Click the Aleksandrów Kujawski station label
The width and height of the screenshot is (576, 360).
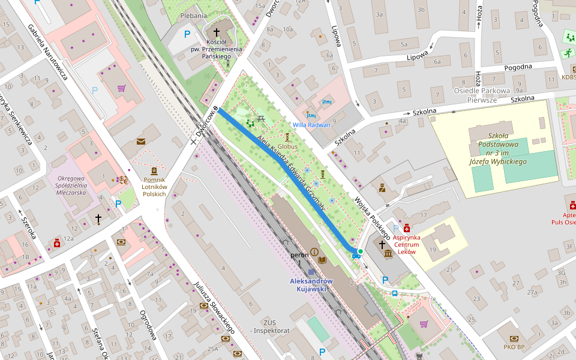click(308, 284)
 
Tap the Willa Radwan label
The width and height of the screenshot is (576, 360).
click(311, 125)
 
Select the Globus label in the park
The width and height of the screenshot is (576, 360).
click(287, 146)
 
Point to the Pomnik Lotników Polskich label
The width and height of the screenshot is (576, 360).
click(154, 187)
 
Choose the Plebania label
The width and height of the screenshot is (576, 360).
click(193, 16)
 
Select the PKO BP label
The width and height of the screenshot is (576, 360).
click(514, 347)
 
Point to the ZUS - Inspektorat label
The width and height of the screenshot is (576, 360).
click(271, 326)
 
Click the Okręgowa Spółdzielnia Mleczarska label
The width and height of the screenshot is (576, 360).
click(72, 185)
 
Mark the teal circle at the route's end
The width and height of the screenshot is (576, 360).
click(360, 251)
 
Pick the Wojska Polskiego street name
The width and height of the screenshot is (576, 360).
click(372, 217)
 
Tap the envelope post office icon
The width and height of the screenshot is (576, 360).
click(140, 142)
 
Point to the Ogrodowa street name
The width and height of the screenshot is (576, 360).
click(148, 325)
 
